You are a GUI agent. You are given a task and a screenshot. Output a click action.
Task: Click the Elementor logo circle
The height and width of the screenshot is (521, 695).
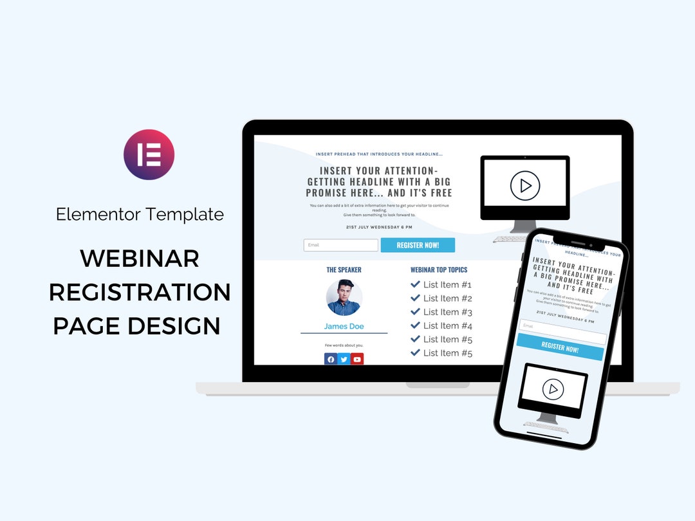tap(149, 154)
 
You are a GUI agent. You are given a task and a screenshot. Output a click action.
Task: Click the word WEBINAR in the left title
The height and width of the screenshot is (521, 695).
tap(139, 259)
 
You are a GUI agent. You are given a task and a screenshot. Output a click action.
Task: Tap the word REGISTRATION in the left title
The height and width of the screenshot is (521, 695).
tap(140, 292)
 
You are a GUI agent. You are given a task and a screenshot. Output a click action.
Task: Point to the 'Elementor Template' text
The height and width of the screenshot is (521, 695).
tap(140, 214)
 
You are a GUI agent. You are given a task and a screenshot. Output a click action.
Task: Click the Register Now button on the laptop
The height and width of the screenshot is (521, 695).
tap(418, 245)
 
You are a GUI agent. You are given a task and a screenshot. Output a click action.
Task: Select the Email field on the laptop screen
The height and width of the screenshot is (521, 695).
tap(340, 245)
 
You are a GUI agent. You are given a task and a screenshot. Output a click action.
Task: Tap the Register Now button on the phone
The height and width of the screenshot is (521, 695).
tap(560, 349)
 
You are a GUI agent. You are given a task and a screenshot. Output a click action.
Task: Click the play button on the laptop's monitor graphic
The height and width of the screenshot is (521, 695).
tap(525, 186)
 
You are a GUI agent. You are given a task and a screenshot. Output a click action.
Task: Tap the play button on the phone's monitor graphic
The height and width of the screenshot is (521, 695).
tap(553, 389)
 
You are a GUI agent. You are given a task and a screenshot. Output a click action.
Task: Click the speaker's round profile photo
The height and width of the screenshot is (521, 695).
tap(344, 297)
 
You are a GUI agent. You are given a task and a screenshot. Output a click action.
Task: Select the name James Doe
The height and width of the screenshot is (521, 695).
tap(344, 326)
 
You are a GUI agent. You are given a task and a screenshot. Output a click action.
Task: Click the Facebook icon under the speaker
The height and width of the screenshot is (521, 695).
tap(331, 360)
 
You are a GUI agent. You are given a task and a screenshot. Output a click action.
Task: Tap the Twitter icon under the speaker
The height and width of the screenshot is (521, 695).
tap(344, 360)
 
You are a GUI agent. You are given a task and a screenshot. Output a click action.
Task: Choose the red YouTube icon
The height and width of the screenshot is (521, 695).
tap(357, 360)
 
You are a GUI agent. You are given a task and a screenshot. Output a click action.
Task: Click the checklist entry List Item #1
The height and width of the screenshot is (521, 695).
tap(447, 284)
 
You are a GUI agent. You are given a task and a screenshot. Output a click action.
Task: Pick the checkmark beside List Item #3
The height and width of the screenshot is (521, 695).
tap(415, 312)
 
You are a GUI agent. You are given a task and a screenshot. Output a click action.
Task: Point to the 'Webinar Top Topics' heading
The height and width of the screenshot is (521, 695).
tap(439, 270)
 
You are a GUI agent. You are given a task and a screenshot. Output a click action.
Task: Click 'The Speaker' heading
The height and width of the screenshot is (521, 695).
tap(344, 270)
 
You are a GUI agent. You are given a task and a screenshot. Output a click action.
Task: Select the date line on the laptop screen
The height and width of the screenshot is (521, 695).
tap(379, 227)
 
